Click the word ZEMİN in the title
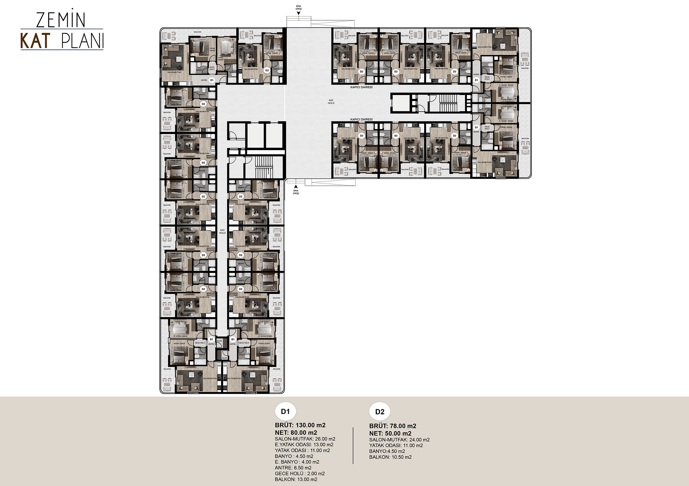point(61,20)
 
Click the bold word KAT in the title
point(35,41)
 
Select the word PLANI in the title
point(83,41)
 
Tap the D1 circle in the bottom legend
point(285,411)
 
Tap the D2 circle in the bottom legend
point(380,411)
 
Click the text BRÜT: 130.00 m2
point(300,425)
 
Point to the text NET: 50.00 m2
point(390,433)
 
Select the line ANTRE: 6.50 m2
point(293,468)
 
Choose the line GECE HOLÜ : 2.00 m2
point(300,473)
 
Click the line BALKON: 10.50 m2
point(390,457)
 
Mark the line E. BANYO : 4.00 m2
point(297,462)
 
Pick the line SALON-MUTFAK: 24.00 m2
point(399,440)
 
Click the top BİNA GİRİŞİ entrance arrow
point(299,13)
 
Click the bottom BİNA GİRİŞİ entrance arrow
point(296,186)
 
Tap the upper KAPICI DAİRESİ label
point(361,87)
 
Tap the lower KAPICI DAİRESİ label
point(361,119)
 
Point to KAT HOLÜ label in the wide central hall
point(331,102)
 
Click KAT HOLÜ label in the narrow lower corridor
point(222,232)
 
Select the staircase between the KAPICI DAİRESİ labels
point(447,103)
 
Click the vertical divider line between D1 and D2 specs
point(353,445)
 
